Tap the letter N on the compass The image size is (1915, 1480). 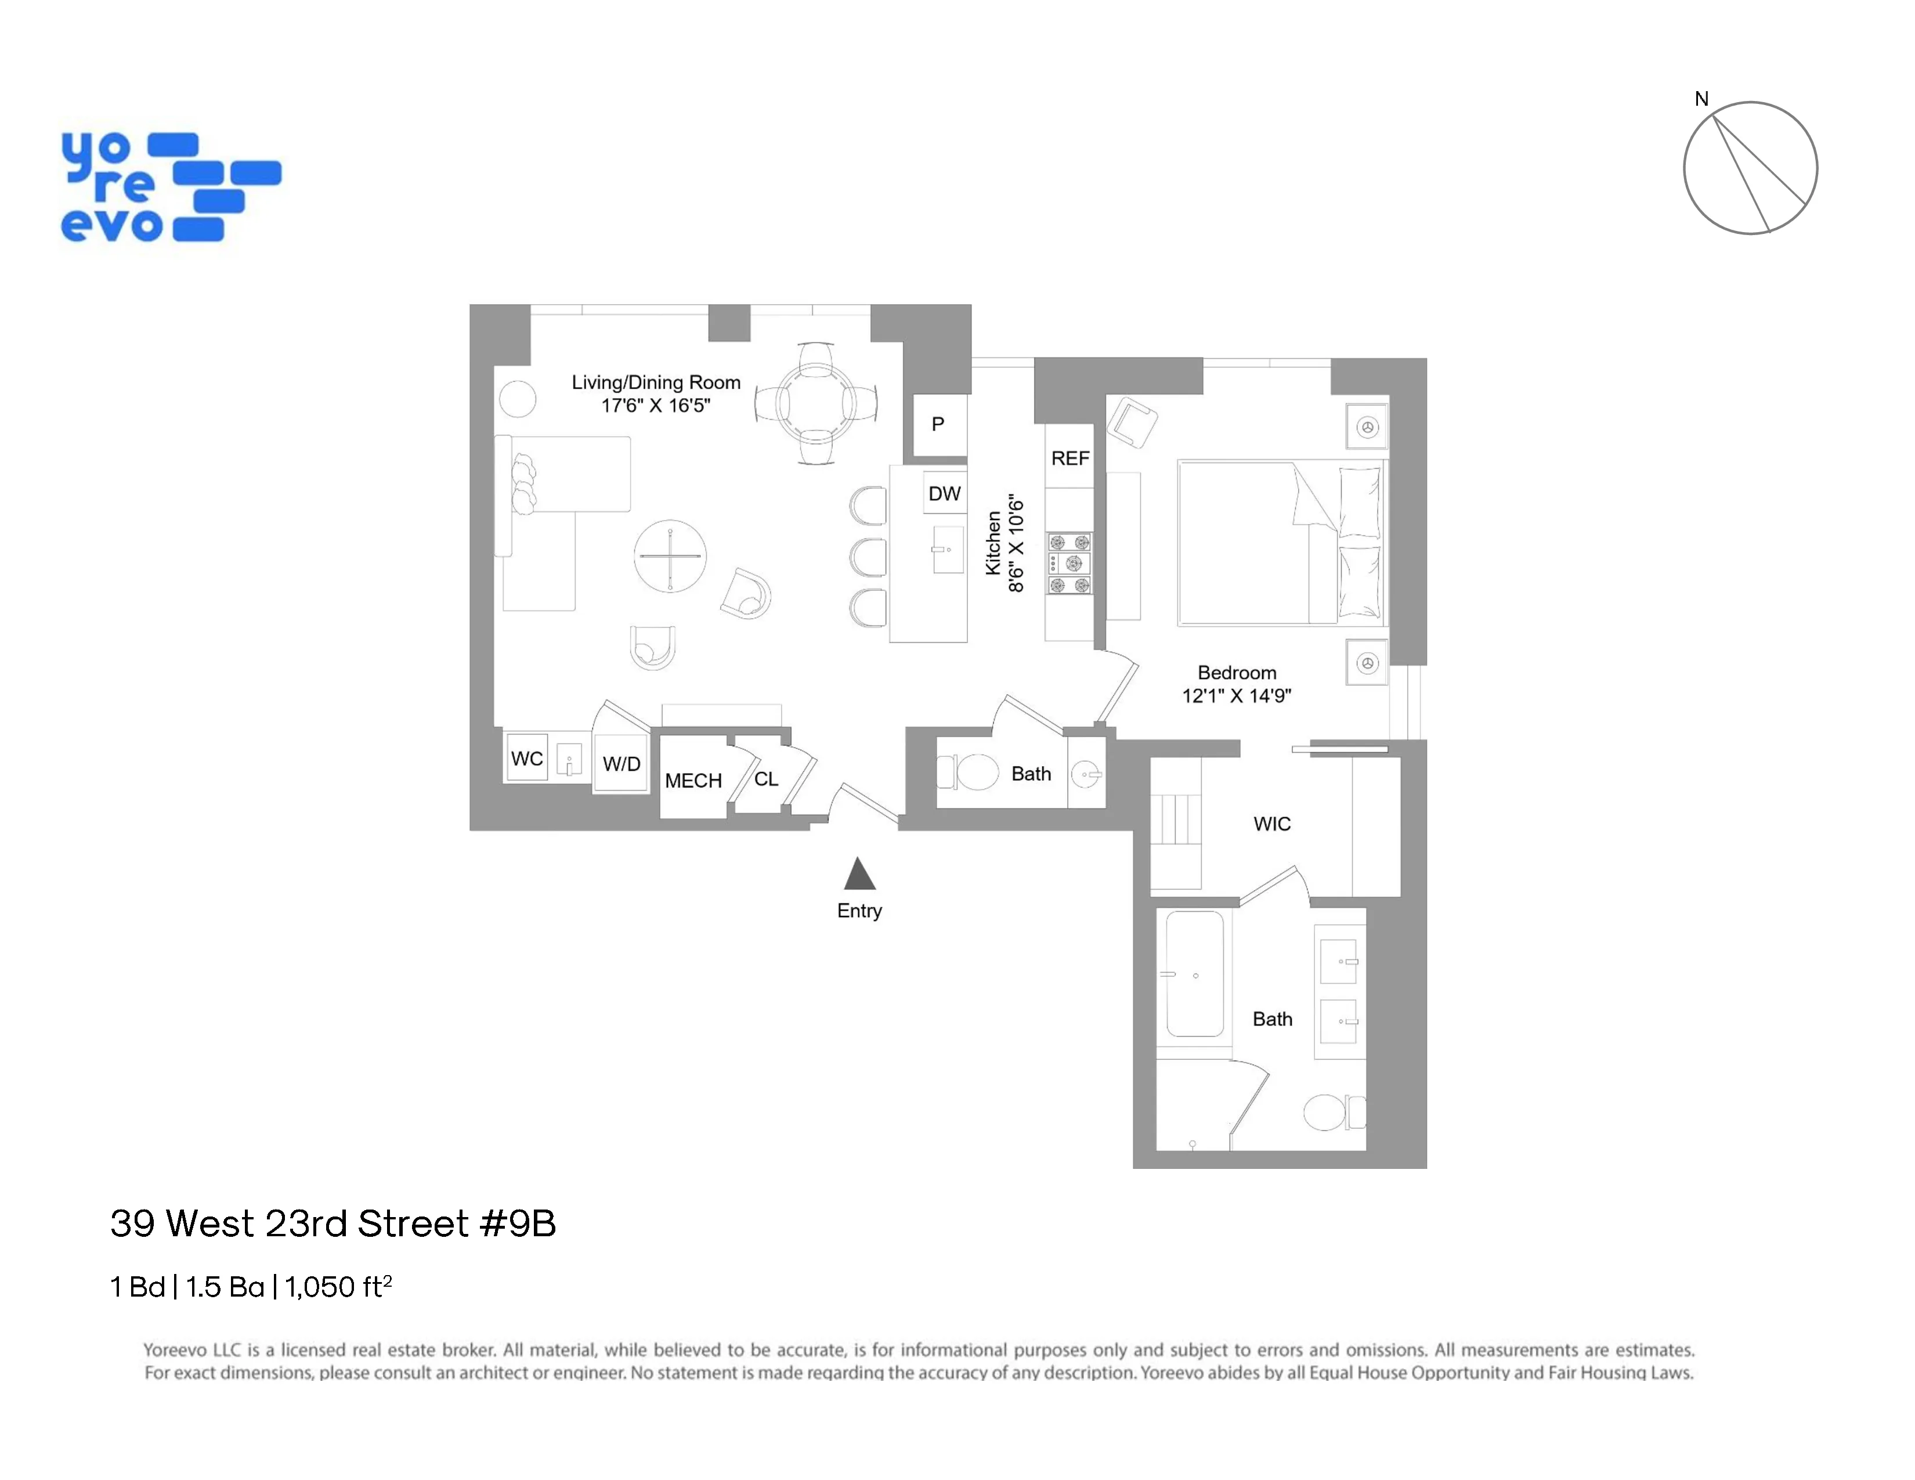[1701, 99]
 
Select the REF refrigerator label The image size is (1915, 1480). [1069, 459]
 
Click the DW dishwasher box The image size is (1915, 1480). [944, 494]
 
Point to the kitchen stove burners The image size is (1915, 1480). [1069, 564]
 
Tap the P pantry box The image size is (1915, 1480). [938, 424]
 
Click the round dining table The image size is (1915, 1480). [815, 404]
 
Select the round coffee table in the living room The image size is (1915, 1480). [670, 556]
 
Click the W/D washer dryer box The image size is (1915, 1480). [621, 764]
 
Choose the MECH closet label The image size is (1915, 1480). [693, 780]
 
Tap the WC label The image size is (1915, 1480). [526, 759]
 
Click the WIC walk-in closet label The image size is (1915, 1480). [1271, 824]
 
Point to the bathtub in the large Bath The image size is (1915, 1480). [1194, 974]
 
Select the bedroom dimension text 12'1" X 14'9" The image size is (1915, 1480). [1236, 696]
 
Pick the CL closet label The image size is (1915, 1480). [765, 778]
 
